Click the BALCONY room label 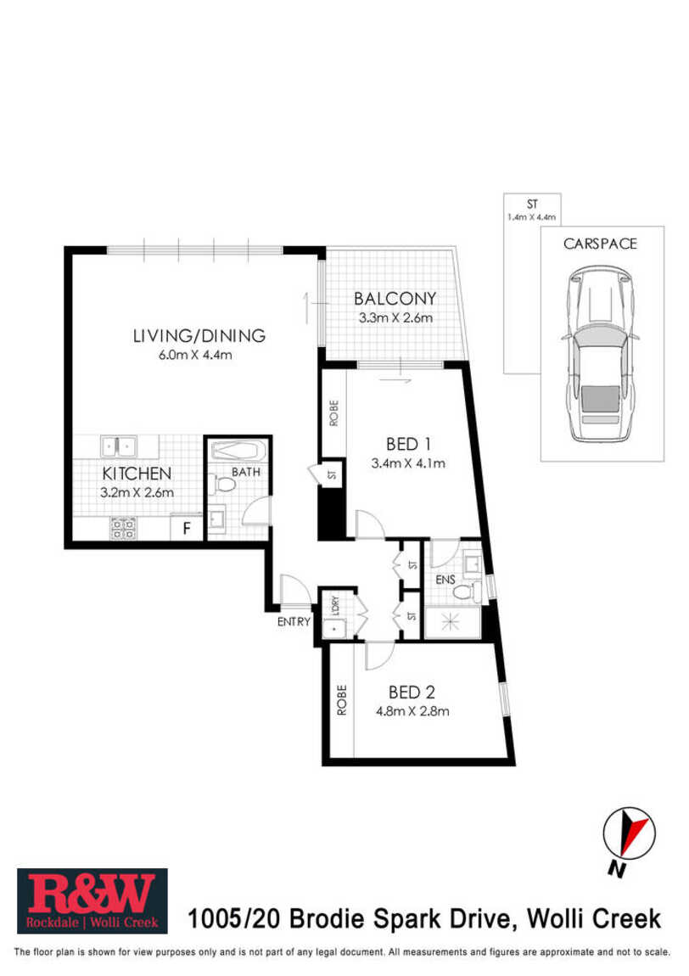click(395, 298)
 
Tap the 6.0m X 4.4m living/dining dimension click(195, 355)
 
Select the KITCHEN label click(137, 474)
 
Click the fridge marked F click(186, 529)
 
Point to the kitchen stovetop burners click(123, 529)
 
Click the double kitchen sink click(118, 446)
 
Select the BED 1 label click(408, 444)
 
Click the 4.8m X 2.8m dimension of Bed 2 click(412, 711)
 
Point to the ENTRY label click(293, 621)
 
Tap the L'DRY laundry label click(335, 605)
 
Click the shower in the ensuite click(451, 623)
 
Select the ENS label click(445, 580)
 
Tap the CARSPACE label click(600, 244)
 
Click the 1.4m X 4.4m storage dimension click(531, 217)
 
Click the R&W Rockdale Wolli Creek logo click(92, 900)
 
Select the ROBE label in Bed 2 click(341, 700)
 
